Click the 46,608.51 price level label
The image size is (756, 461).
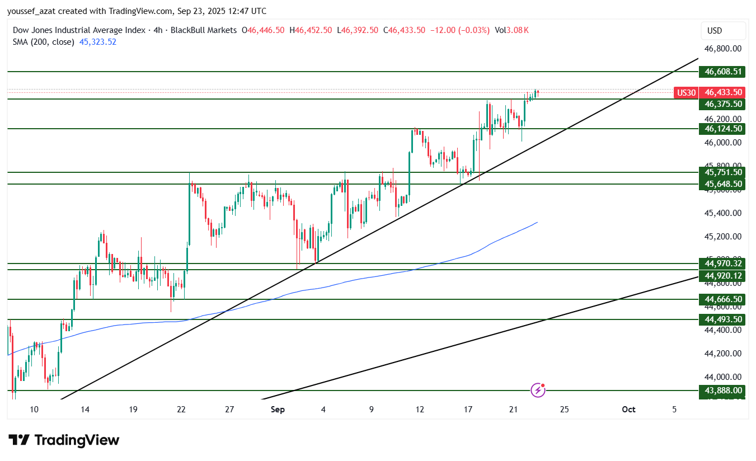click(723, 72)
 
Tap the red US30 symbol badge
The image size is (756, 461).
click(686, 92)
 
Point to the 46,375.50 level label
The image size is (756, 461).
click(723, 104)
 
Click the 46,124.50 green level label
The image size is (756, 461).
click(723, 129)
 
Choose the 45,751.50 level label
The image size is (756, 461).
click(723, 172)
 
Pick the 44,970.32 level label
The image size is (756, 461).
click(723, 264)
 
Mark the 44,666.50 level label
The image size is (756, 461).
click(723, 299)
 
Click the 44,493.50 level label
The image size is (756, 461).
click(723, 319)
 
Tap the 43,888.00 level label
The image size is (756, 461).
click(723, 391)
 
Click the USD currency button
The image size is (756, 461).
click(722, 31)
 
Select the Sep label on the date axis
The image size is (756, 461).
click(278, 410)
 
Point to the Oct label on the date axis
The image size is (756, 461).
click(628, 410)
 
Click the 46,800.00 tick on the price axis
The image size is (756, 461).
click(723, 49)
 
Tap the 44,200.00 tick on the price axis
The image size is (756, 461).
click(723, 354)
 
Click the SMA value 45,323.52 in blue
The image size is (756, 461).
click(98, 41)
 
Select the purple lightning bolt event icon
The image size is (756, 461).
click(538, 390)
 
